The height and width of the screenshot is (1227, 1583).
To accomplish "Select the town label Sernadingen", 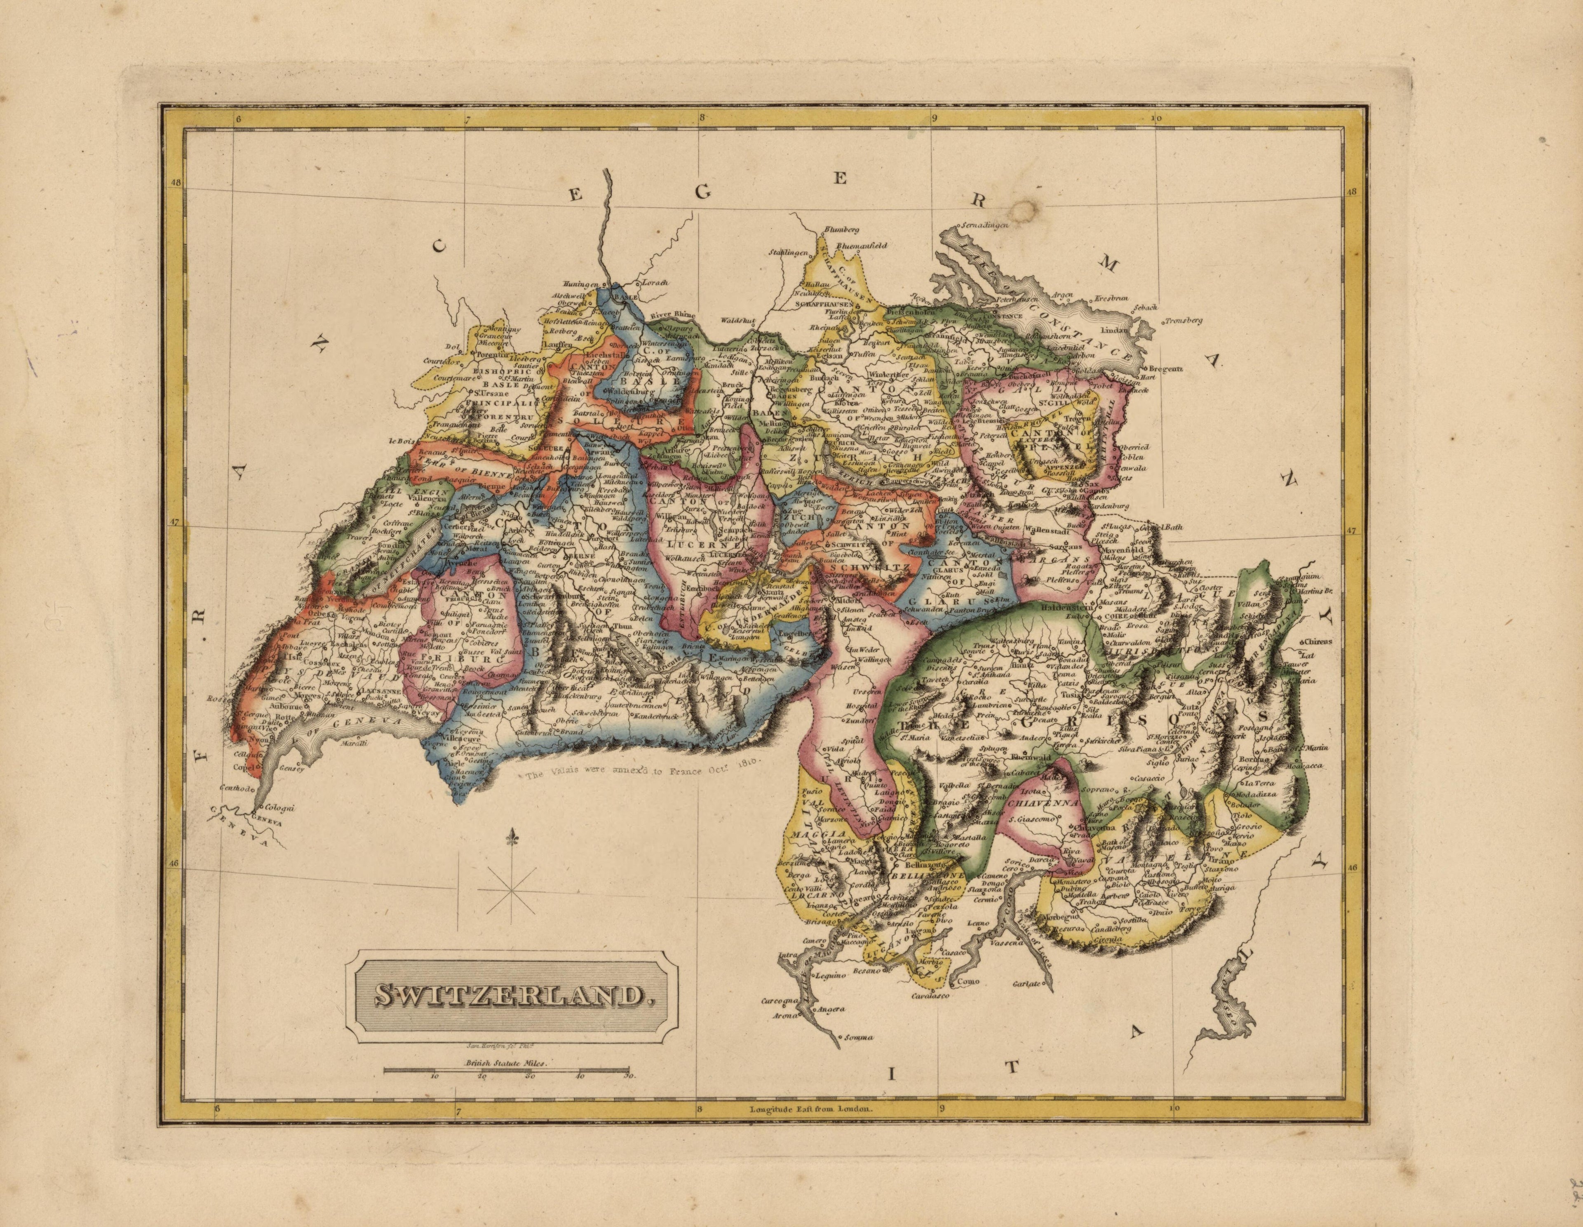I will (x=986, y=227).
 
